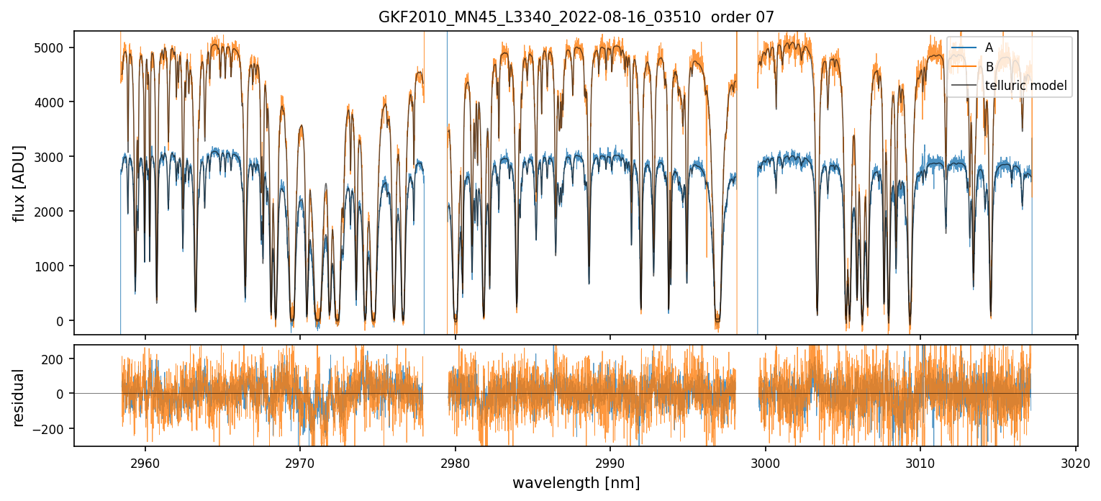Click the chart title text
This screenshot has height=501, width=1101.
pyautogui.click(x=576, y=17)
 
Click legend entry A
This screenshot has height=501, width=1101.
pyautogui.click(x=989, y=48)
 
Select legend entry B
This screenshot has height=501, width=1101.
pyautogui.click(x=989, y=67)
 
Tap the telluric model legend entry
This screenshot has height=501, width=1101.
pyautogui.click(x=1025, y=86)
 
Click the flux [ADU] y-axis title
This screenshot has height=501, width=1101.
pyautogui.click(x=19, y=183)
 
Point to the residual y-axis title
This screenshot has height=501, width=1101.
pyautogui.click(x=19, y=397)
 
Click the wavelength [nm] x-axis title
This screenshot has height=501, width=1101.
pyautogui.click(x=576, y=483)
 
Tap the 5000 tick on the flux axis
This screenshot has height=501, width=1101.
pyautogui.click(x=49, y=48)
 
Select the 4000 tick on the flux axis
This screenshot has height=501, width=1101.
pyautogui.click(x=49, y=102)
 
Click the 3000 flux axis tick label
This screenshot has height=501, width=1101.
pyautogui.click(x=49, y=157)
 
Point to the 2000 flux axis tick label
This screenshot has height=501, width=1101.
pyautogui.click(x=49, y=212)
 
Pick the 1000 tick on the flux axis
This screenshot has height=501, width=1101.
pyautogui.click(x=49, y=266)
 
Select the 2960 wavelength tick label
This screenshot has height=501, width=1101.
pyautogui.click(x=145, y=462)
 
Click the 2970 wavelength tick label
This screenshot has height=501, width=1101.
pyautogui.click(x=300, y=462)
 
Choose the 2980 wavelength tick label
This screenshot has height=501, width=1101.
pyautogui.click(x=456, y=462)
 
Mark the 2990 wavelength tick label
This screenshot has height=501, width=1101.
pyautogui.click(x=610, y=462)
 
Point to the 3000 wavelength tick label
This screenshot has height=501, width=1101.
pyautogui.click(x=766, y=462)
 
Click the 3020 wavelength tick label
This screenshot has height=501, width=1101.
pyautogui.click(x=1075, y=462)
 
